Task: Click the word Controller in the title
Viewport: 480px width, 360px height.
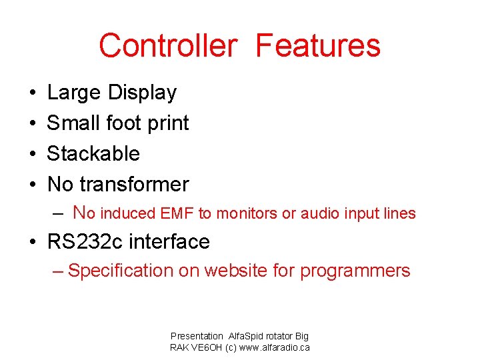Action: (167, 46)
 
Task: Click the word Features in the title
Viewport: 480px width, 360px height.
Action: (318, 46)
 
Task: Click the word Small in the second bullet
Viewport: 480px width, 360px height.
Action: (73, 123)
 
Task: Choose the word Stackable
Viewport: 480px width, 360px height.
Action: (93, 153)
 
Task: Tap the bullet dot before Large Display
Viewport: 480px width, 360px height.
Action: (33, 93)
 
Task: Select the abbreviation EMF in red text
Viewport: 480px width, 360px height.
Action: (178, 214)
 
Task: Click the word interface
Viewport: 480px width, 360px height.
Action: (169, 241)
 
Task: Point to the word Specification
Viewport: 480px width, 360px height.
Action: (120, 271)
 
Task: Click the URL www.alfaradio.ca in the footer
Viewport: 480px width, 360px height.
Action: (271, 348)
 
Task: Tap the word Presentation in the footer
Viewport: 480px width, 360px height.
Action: (197, 337)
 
